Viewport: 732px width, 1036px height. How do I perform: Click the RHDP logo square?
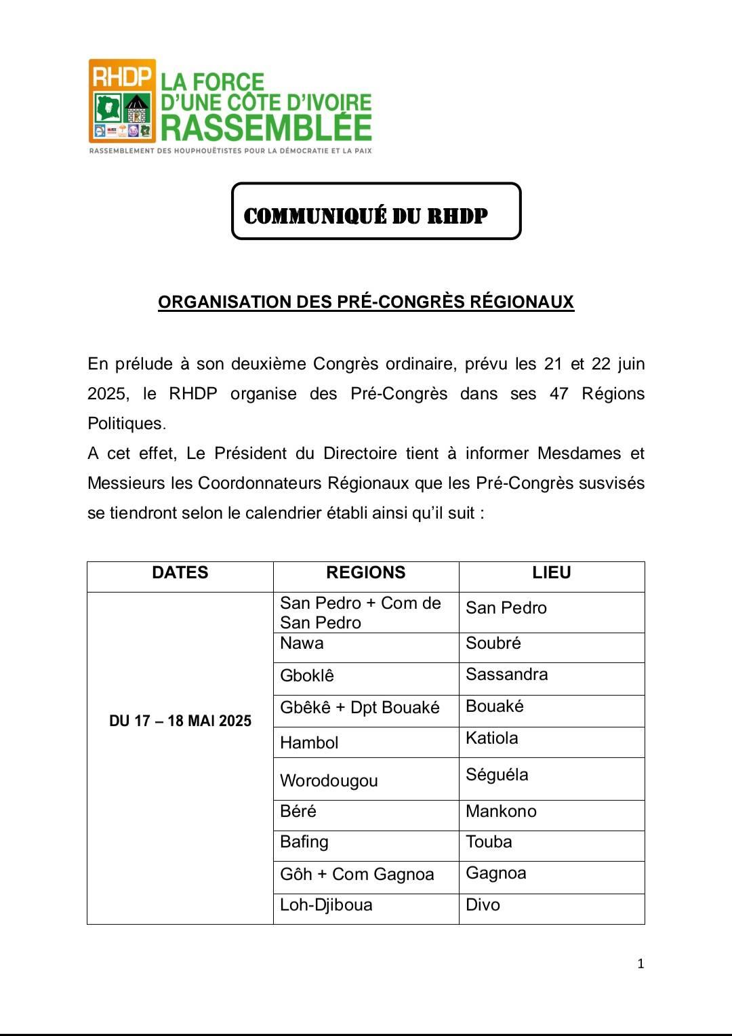coord(122,100)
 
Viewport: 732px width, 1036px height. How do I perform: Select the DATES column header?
coord(180,574)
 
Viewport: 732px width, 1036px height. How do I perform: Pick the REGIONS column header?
coord(365,574)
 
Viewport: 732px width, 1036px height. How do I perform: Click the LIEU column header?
coord(551,574)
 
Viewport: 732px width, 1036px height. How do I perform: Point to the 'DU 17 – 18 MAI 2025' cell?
coord(180,721)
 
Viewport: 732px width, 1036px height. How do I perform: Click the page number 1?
coord(640,964)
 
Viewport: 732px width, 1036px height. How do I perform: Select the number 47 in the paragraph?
coord(558,394)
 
